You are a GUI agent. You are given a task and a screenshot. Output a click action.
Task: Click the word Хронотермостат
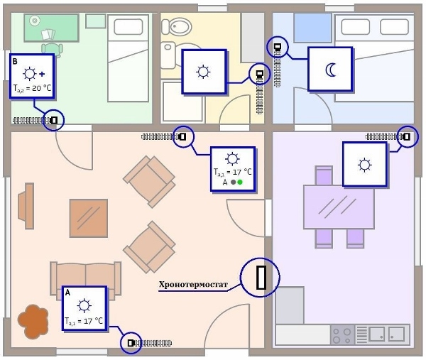[193, 285]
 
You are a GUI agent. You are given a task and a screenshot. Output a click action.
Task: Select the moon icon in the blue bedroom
[330, 69]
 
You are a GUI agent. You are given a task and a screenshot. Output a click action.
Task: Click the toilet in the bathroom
[176, 28]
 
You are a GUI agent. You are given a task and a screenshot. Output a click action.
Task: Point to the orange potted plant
[33, 321]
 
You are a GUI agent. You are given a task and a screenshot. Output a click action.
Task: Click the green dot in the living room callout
[240, 182]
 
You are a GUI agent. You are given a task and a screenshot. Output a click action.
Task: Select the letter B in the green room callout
[15, 62]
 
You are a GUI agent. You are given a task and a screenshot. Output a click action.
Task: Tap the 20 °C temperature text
[32, 88]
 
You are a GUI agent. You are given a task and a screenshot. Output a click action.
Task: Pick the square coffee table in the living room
[89, 218]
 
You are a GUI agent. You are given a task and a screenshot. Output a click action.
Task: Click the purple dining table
[338, 207]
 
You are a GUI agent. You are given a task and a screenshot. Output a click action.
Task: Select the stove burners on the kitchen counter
[342, 334]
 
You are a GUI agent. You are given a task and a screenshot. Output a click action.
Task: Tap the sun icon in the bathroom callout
[204, 71]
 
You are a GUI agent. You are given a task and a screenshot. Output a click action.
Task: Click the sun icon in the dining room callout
[364, 165]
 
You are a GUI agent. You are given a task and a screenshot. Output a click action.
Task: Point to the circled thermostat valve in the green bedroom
[53, 120]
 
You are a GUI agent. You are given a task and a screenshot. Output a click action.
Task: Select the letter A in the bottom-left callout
[67, 292]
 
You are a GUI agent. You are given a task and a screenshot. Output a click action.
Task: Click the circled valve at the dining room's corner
[407, 136]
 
